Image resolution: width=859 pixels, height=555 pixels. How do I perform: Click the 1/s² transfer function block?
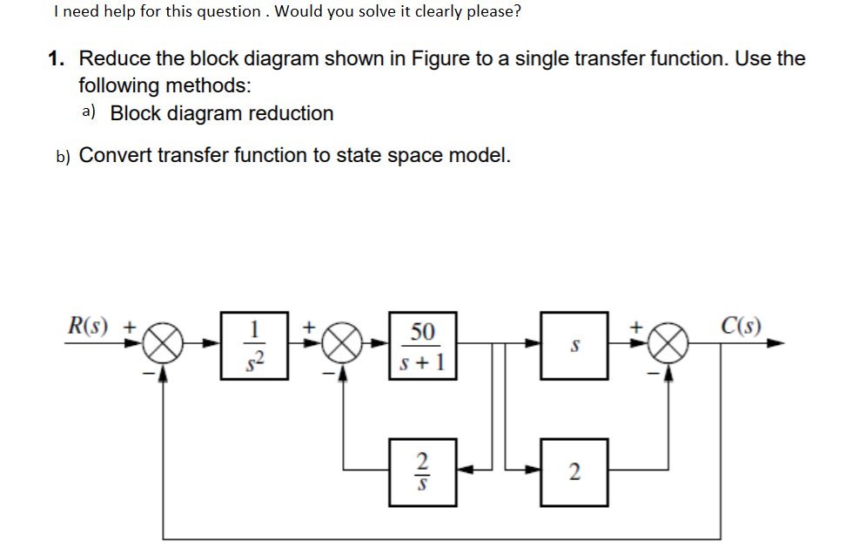[x=254, y=344]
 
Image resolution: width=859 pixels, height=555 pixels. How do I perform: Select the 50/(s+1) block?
[x=422, y=344]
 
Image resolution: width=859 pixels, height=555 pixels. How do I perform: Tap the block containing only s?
[x=574, y=344]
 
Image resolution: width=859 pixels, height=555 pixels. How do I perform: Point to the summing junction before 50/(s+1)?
[x=344, y=345]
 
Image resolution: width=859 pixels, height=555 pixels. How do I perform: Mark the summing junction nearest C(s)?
[x=669, y=345]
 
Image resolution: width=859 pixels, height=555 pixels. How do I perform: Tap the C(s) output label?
[x=742, y=327]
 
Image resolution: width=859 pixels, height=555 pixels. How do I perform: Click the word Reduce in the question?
[x=113, y=59]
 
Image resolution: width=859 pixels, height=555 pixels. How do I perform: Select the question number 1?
[x=57, y=59]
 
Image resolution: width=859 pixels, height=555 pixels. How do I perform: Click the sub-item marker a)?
[x=89, y=112]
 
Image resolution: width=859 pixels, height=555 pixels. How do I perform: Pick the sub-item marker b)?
[x=63, y=156]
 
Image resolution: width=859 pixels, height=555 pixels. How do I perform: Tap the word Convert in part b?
[x=115, y=155]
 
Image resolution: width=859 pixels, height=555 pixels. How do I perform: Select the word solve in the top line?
[x=370, y=12]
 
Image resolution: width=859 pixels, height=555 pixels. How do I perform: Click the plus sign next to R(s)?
[x=128, y=328]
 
